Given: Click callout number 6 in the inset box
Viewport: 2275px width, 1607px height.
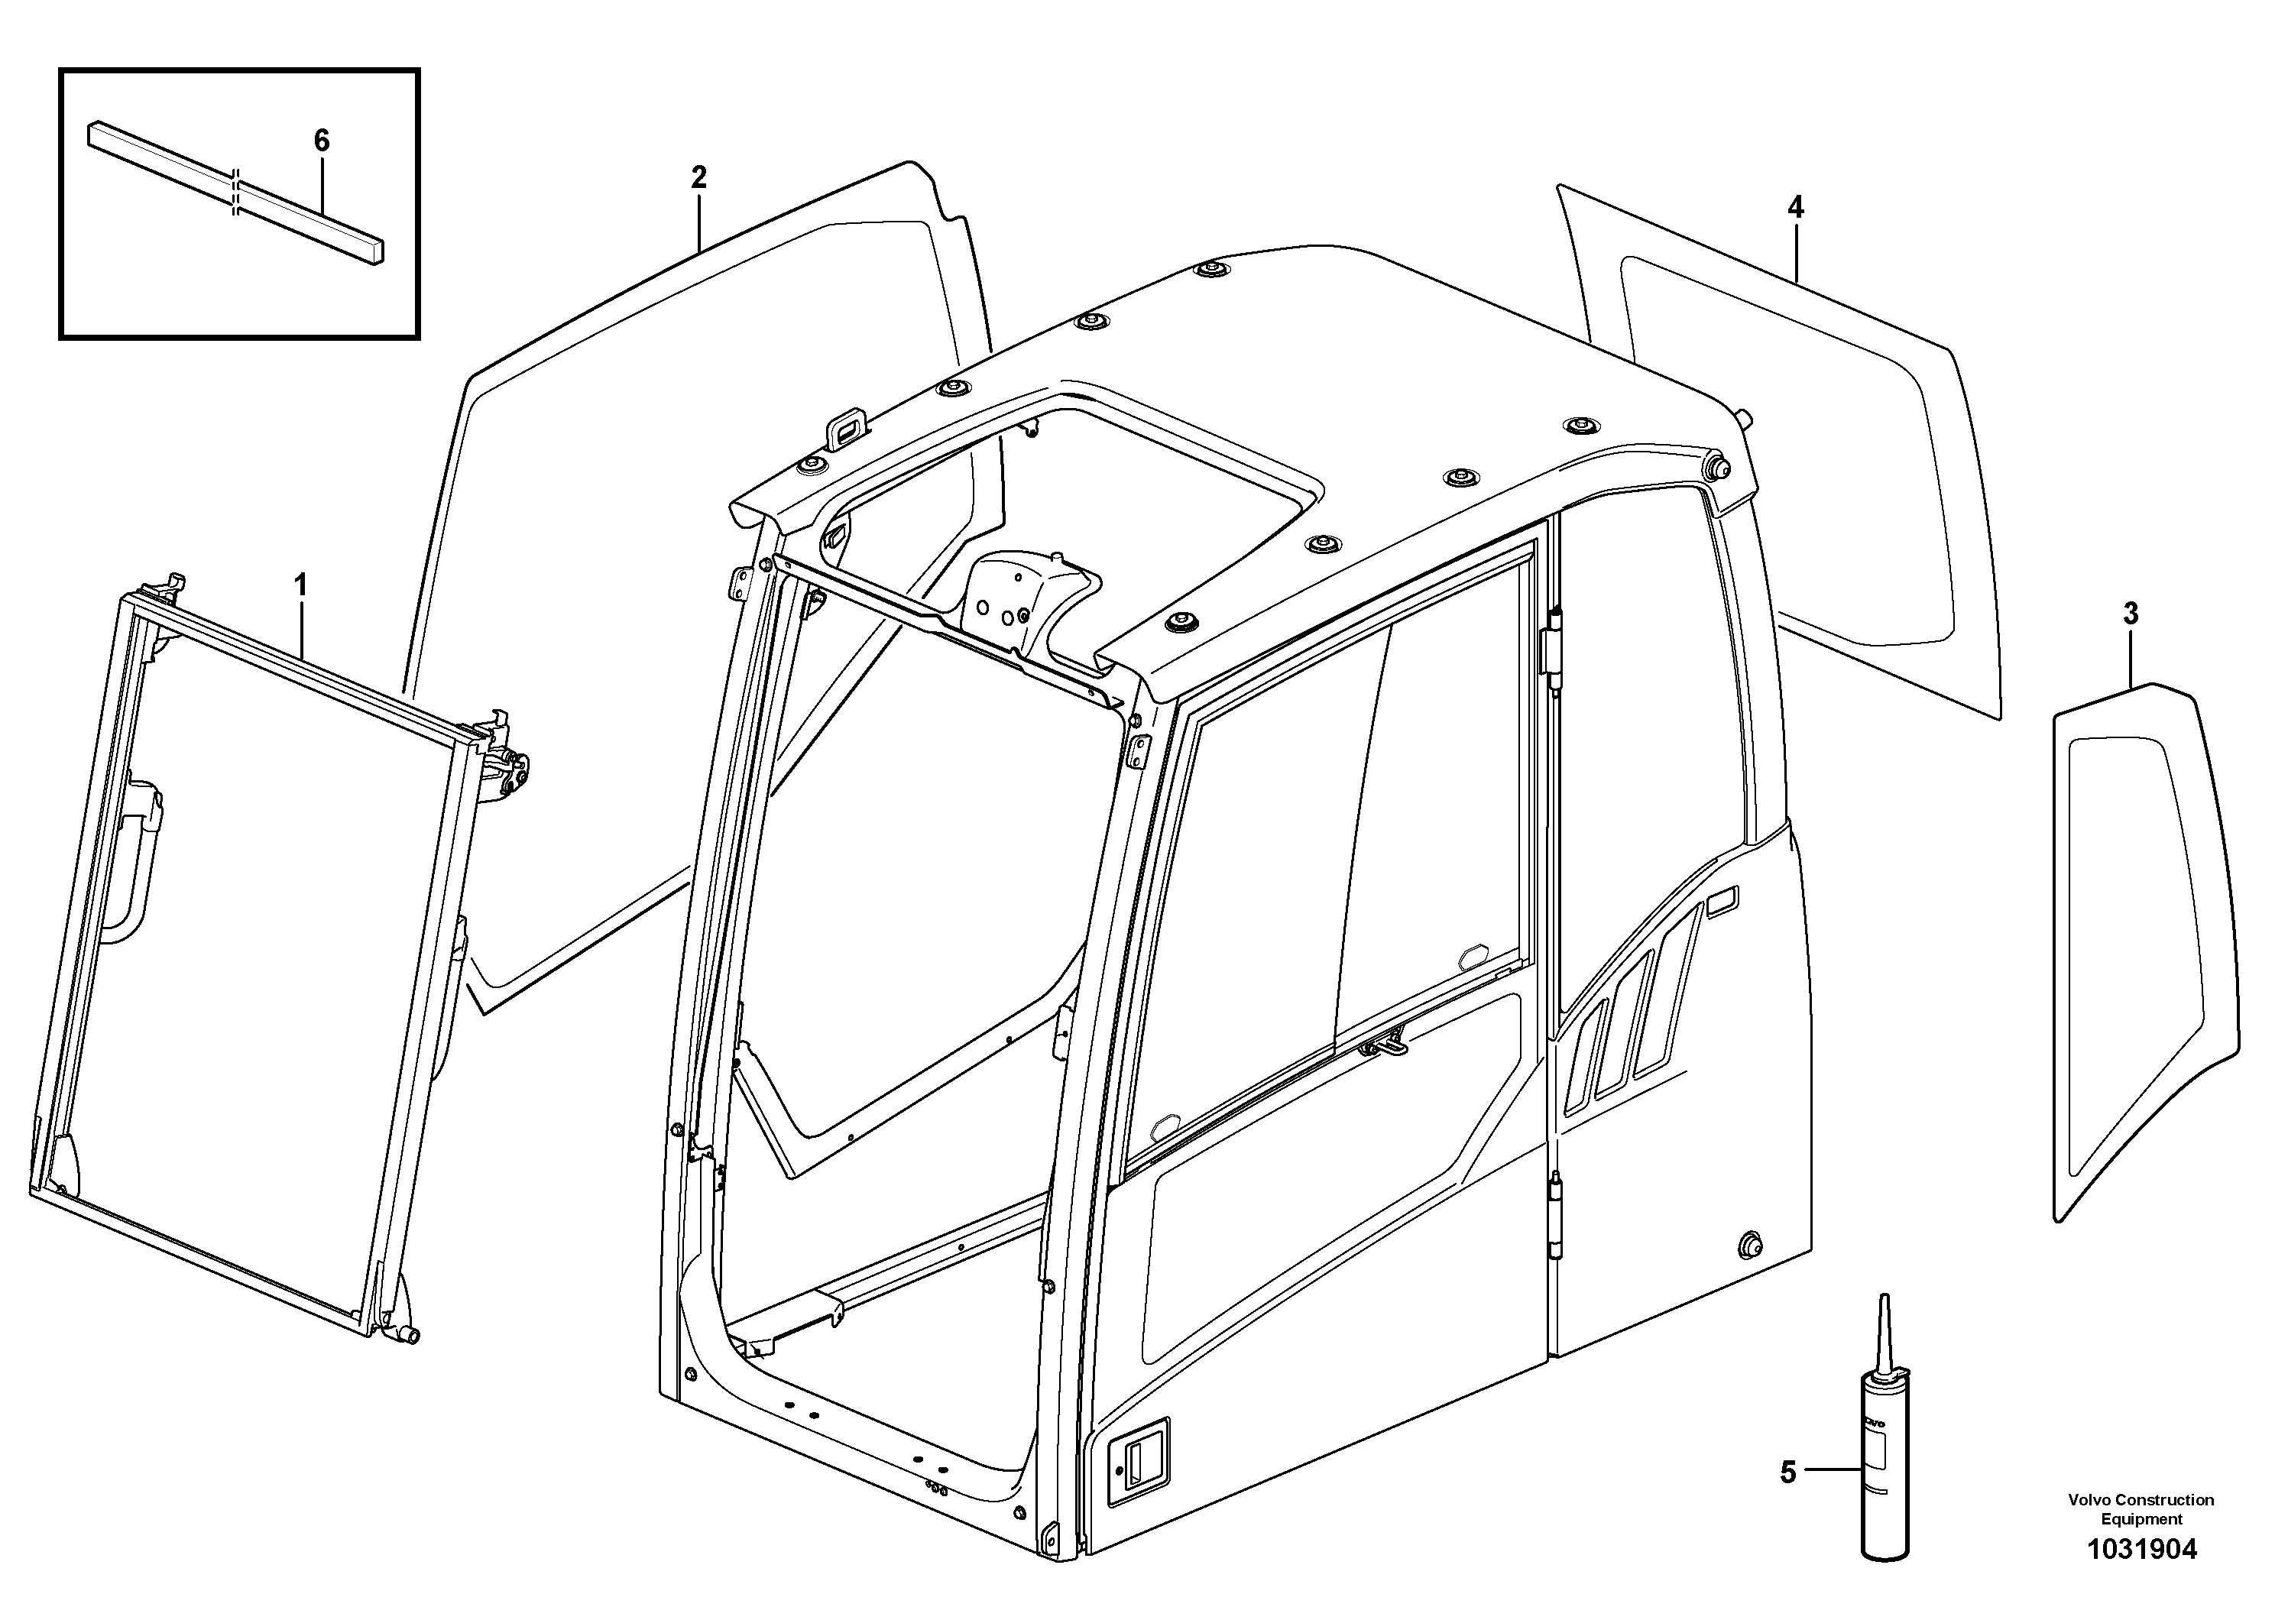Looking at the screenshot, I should click(321, 141).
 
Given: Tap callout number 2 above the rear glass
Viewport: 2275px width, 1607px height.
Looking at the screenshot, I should click(698, 178).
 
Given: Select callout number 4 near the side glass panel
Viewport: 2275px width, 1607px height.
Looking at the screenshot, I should click(1795, 208).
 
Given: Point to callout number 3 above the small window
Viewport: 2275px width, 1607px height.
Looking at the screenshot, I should click(2131, 615).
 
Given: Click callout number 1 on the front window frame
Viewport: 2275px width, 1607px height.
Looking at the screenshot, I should click(300, 585).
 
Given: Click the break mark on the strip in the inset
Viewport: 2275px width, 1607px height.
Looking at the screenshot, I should click(235, 191).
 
